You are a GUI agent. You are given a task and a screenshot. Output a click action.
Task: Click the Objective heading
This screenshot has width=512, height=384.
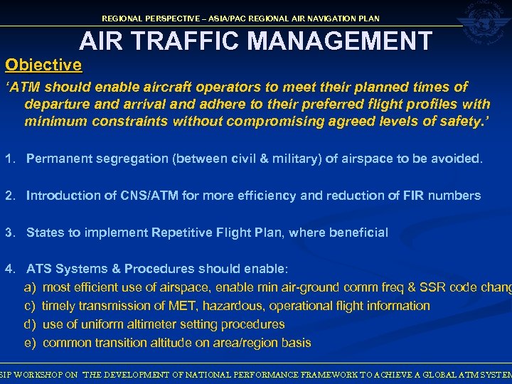click(43, 65)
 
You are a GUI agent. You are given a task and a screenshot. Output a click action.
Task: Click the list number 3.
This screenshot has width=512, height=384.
click(9, 233)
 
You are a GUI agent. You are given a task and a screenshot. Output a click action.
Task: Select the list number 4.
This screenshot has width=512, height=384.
click(9, 269)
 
